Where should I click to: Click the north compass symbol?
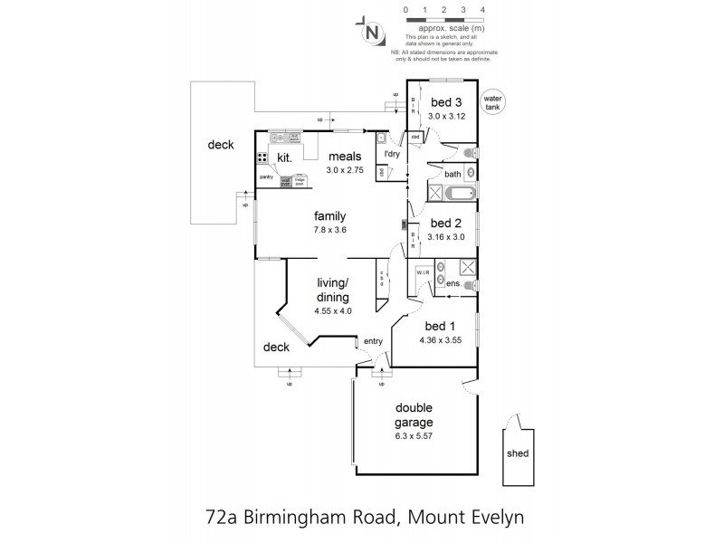point(371,32)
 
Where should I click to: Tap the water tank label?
point(493,101)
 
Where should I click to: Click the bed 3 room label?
point(446,101)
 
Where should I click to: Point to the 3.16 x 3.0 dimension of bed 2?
point(446,237)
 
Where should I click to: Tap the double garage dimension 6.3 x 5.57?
point(413,435)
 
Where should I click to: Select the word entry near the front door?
point(372,341)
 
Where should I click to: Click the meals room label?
point(345,155)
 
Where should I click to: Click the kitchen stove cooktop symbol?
point(262,157)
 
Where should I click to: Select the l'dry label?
point(392,155)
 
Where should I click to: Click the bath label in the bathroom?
point(452,173)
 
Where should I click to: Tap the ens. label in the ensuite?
point(454,284)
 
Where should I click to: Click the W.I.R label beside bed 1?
point(422,271)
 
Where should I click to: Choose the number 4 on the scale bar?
point(483,9)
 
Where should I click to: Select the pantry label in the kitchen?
point(266,176)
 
